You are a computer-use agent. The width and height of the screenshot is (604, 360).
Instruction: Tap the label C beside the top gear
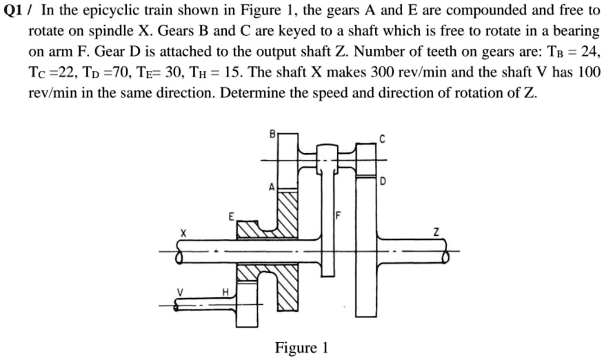click(x=382, y=139)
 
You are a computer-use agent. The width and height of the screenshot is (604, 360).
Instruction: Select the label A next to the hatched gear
click(x=272, y=188)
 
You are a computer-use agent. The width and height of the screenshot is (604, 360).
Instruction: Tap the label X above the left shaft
click(x=184, y=234)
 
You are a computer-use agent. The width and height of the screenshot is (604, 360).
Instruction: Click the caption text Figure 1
click(x=301, y=346)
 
